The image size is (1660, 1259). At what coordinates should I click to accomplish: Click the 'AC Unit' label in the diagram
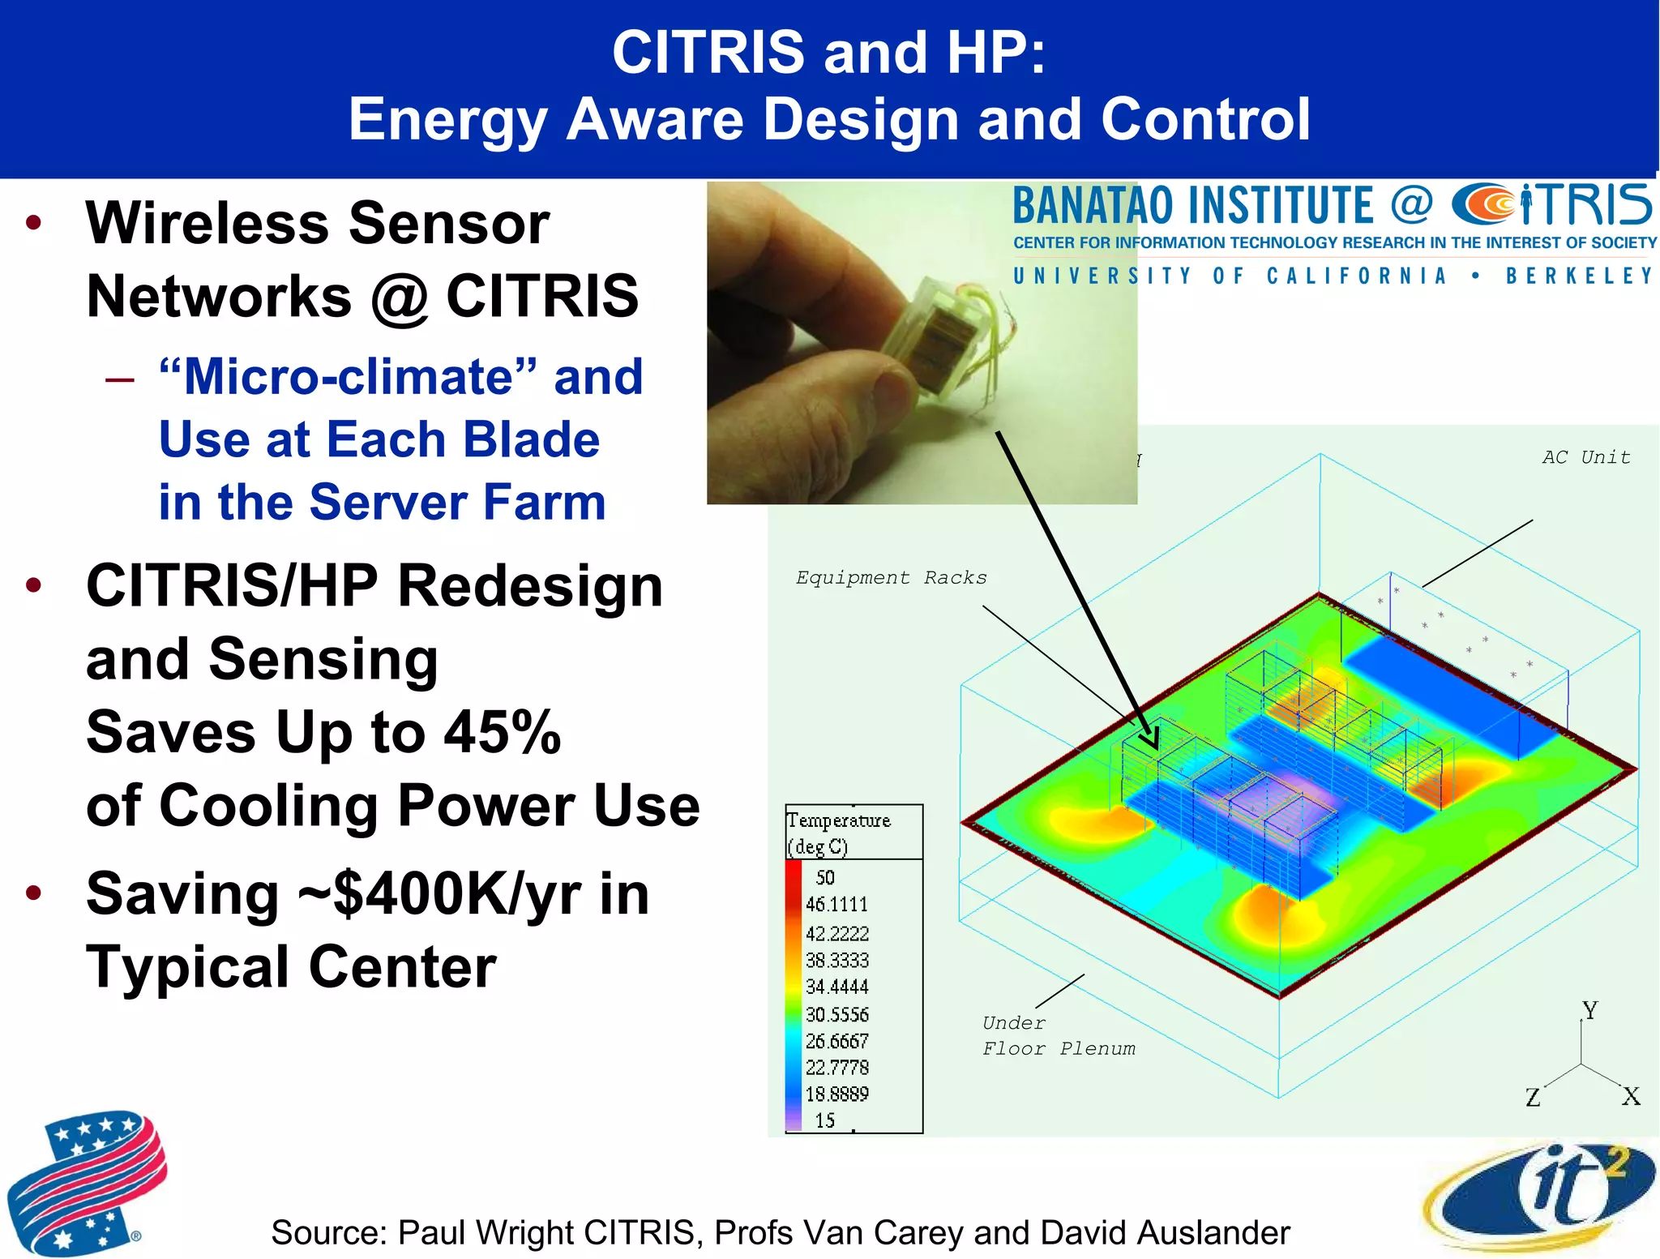pyautogui.click(x=1585, y=457)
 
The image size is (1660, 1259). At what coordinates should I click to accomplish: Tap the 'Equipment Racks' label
pyautogui.click(x=891, y=578)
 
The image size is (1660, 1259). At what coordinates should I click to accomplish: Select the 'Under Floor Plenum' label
pyautogui.click(x=1057, y=1036)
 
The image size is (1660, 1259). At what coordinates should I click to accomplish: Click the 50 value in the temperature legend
pyautogui.click(x=825, y=878)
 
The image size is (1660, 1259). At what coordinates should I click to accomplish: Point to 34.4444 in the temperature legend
pyautogui.click(x=836, y=987)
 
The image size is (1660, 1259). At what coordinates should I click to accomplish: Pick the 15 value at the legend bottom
pyautogui.click(x=825, y=1120)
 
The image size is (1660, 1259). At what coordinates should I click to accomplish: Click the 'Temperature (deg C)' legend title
pyautogui.click(x=838, y=833)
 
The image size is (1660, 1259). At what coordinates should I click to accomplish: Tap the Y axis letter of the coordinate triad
pyautogui.click(x=1590, y=1011)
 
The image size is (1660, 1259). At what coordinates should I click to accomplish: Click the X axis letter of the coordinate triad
pyautogui.click(x=1631, y=1097)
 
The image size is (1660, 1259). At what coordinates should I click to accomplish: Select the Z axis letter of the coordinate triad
pyautogui.click(x=1533, y=1098)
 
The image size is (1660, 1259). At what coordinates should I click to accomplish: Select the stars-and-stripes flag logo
pyautogui.click(x=85, y=1184)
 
